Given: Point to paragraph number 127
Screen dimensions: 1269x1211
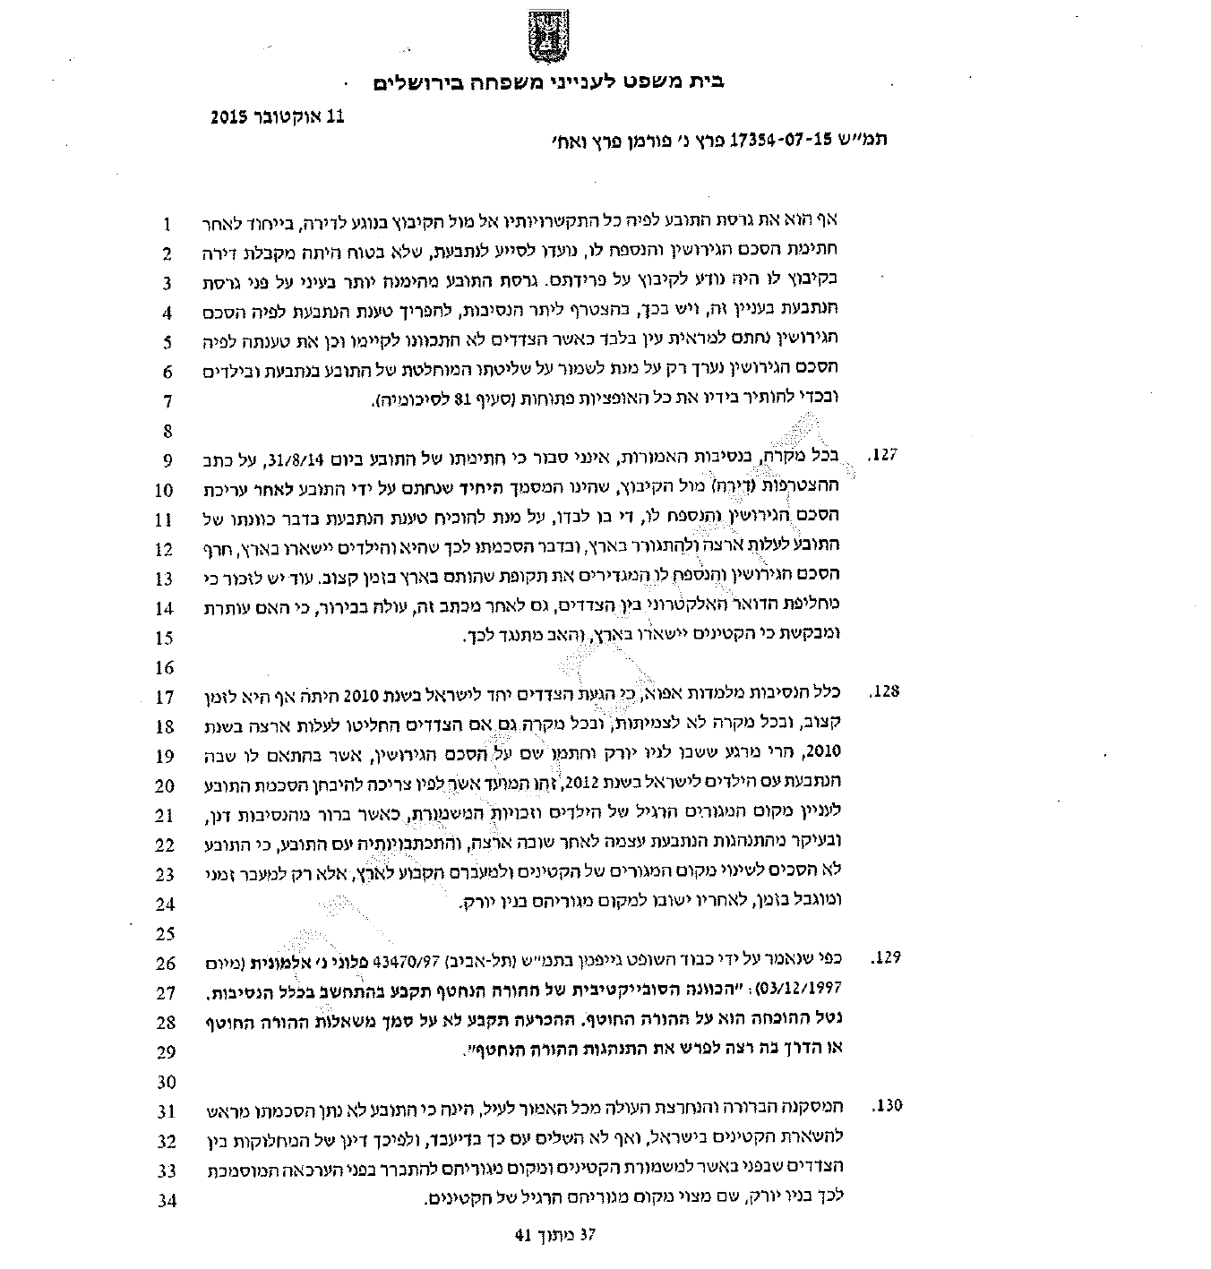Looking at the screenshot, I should (883, 456).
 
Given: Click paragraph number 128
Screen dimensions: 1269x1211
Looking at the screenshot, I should (883, 692).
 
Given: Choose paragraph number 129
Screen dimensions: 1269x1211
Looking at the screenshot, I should (883, 958).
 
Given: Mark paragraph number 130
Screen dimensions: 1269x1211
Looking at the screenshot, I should (883, 1106).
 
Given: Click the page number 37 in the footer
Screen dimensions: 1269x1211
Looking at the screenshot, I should (587, 1235).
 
